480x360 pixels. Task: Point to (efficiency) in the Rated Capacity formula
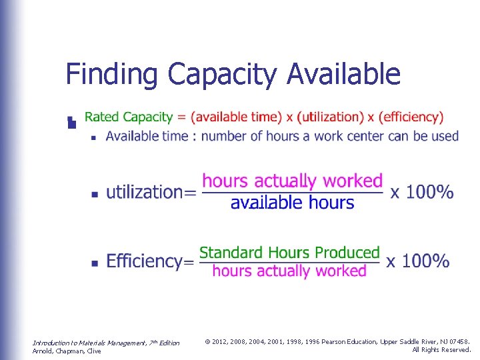[410, 117]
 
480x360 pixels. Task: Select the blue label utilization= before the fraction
[151, 193]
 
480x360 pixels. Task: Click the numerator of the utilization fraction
[292, 181]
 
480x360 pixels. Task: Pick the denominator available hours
[292, 203]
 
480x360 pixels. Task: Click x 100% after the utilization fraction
[422, 193]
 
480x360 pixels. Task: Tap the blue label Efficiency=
[150, 261]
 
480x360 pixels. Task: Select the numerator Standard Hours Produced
[289, 253]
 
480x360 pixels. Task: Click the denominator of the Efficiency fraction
[289, 271]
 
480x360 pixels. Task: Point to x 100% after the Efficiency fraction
[418, 261]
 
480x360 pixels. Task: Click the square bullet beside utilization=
[94, 194]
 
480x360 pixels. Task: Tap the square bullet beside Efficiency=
[94, 263]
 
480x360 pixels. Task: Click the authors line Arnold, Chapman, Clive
[67, 351]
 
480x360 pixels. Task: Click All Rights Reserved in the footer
[441, 349]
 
